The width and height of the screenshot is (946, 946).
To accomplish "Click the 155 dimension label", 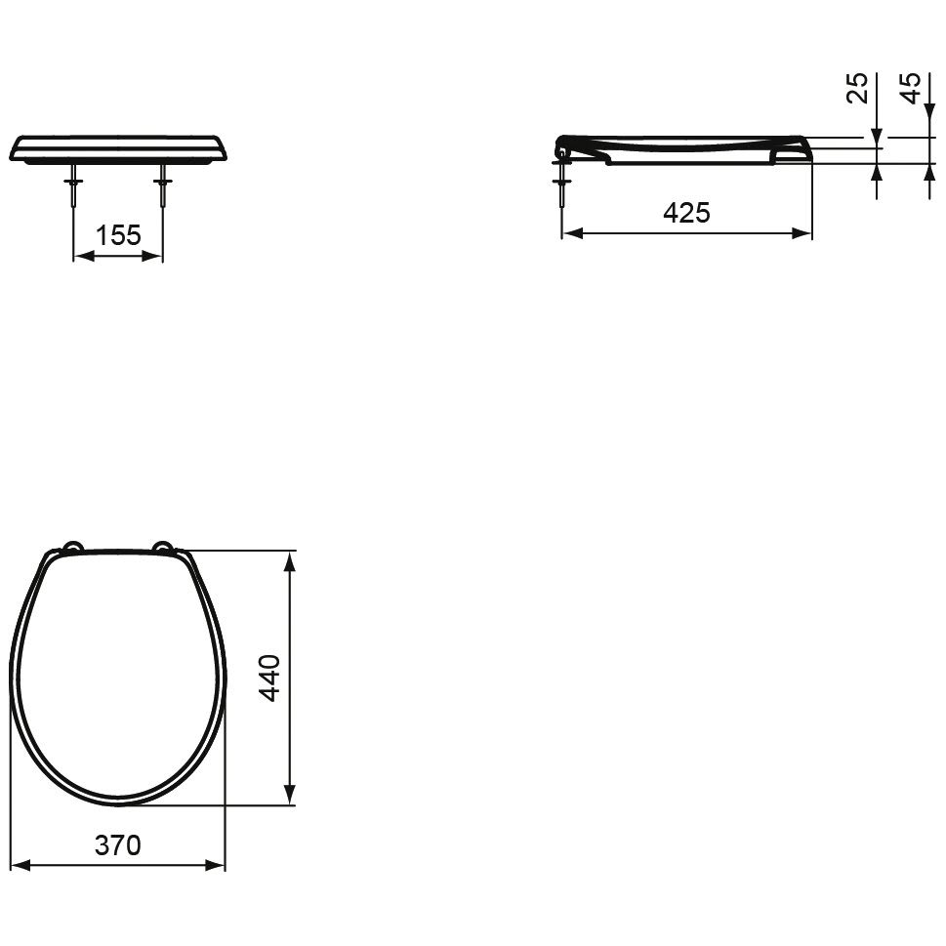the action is click(118, 234).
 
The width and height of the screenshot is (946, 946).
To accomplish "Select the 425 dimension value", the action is click(686, 213).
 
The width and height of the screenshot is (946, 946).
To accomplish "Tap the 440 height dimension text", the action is click(269, 678).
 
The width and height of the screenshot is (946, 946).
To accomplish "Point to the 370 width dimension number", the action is click(118, 845).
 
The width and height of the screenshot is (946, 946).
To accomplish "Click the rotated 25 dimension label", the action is click(857, 88).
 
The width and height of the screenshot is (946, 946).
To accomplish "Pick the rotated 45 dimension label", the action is click(911, 88).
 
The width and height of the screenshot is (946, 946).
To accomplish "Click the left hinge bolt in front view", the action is click(73, 185).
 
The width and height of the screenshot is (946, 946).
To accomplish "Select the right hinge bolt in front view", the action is click(162, 185).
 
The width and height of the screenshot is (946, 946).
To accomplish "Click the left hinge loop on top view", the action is click(72, 546).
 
